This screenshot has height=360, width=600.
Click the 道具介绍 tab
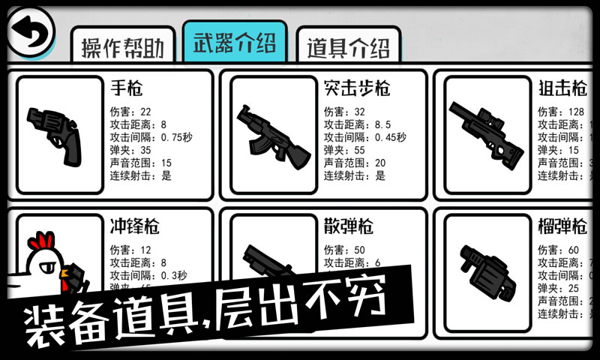coord(348,47)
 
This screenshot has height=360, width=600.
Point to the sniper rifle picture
coord(483,130)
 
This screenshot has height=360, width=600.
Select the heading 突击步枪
coord(357,88)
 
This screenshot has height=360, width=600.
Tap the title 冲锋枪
coord(134,226)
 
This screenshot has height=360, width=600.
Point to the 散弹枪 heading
coord(349,226)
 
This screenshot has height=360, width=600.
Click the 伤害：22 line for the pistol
coord(130,112)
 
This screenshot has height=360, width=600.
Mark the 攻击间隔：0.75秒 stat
coord(151,137)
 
